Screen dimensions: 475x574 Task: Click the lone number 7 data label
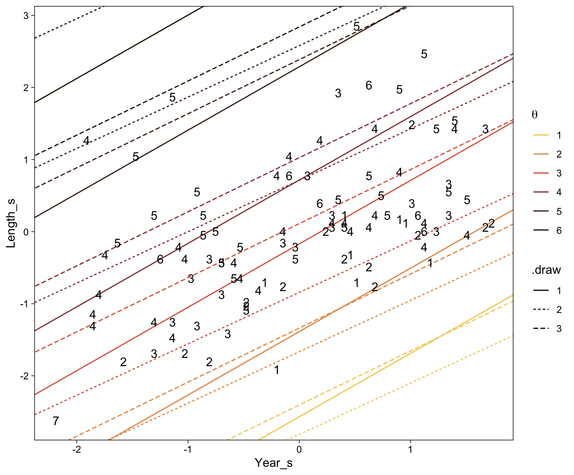pyautogui.click(x=56, y=421)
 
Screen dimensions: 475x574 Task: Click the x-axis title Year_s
pyautogui.click(x=273, y=463)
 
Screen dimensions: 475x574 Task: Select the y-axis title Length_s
pyautogui.click(x=11, y=223)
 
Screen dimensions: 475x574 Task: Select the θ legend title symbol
pyautogui.click(x=534, y=115)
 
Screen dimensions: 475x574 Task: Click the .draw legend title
pyautogui.click(x=546, y=270)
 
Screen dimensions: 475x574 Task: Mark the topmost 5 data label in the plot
pyautogui.click(x=357, y=26)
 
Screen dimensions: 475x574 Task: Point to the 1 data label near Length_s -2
pyautogui.click(x=277, y=370)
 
